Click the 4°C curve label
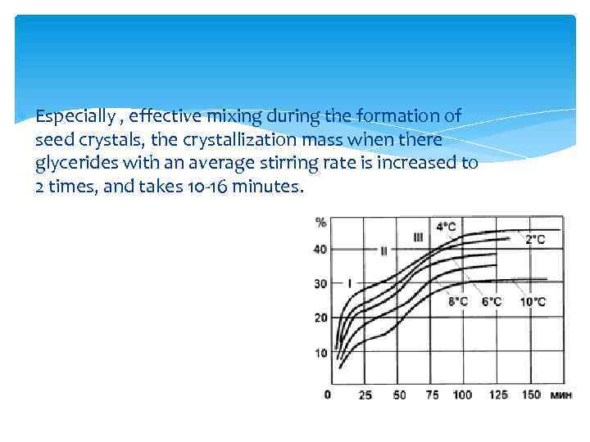click(x=447, y=227)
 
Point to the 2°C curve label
click(x=535, y=239)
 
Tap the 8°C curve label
click(x=458, y=302)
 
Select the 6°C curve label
click(x=492, y=302)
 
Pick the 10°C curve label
click(x=533, y=302)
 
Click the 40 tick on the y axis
click(x=320, y=249)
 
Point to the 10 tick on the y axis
click(x=320, y=353)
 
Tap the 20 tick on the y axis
click(x=320, y=318)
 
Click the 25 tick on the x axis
click(x=365, y=395)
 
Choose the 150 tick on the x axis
click(x=530, y=395)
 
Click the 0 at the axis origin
click(x=328, y=395)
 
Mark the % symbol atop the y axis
click(x=321, y=221)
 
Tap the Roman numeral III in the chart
click(x=418, y=237)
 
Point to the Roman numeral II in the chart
click(x=383, y=250)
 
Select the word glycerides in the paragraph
click(x=72, y=162)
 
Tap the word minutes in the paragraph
click(x=245, y=186)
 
